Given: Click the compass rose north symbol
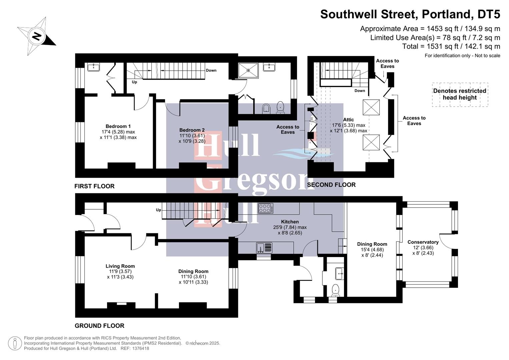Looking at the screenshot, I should [x=37, y=36].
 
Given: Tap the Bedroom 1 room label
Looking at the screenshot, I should [x=118, y=126].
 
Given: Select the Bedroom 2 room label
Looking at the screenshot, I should [x=192, y=130].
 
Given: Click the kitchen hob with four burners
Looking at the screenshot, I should [x=265, y=208].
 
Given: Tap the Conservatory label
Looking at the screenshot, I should [x=423, y=242].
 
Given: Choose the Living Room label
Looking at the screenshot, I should [x=120, y=266].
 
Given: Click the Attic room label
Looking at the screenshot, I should [x=348, y=120].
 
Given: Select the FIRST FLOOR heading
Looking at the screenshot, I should [x=94, y=186].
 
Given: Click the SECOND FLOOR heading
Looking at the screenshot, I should [x=331, y=185].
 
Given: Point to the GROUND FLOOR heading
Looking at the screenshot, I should [x=99, y=326].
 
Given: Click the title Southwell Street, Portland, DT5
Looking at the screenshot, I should [x=410, y=14].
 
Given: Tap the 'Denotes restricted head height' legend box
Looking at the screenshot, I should [x=460, y=94].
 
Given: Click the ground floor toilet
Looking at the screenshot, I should [x=335, y=289].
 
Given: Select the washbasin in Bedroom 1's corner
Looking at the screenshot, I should [x=94, y=67].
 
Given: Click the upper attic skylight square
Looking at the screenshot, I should [x=371, y=107].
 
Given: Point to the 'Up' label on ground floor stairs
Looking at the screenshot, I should [x=158, y=210].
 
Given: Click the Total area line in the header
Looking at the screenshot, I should [x=451, y=46].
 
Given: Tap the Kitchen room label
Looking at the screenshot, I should [x=290, y=222].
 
